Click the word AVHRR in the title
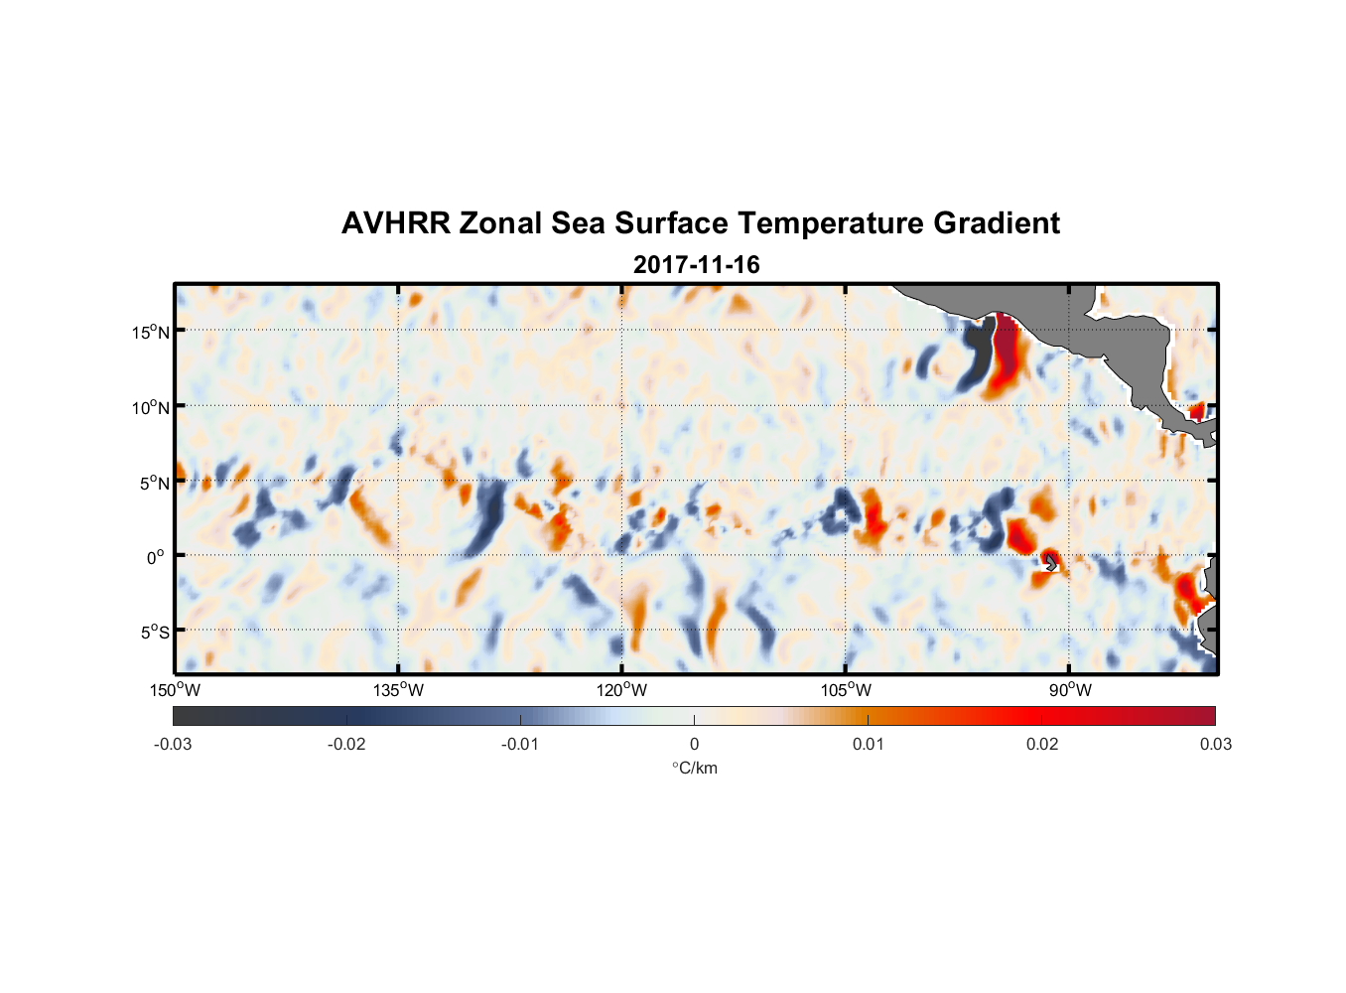(x=395, y=223)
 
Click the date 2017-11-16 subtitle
(x=696, y=265)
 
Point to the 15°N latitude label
(x=151, y=332)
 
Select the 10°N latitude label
(x=151, y=407)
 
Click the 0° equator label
(x=156, y=558)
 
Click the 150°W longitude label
(x=175, y=690)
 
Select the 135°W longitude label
(x=398, y=690)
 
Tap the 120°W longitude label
(x=622, y=690)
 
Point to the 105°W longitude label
(x=846, y=690)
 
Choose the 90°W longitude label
(x=1070, y=690)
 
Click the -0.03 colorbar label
(x=173, y=744)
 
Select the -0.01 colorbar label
(x=520, y=744)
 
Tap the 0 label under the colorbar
(x=694, y=744)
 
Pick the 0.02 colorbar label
(x=1042, y=744)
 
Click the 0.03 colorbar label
(x=1215, y=744)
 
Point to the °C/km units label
(x=694, y=768)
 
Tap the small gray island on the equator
(x=1051, y=562)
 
